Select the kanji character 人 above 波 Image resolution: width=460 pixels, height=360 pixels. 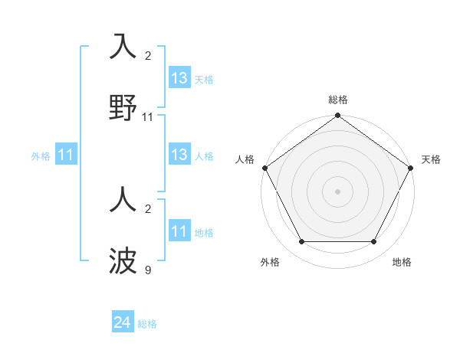tap(123, 202)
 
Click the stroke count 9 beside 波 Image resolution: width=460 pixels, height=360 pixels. tap(148, 270)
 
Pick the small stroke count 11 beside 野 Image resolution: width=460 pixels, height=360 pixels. tap(148, 117)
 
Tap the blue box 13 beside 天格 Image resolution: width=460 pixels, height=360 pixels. tap(179, 78)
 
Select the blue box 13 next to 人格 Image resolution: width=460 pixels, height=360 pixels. tap(179, 155)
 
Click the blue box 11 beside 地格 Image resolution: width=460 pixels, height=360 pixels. tap(179, 231)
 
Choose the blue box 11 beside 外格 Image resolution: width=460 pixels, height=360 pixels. tap(66, 155)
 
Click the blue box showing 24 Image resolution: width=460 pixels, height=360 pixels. tap(123, 322)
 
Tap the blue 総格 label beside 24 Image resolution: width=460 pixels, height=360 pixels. tap(147, 324)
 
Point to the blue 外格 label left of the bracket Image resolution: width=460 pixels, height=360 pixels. tap(41, 156)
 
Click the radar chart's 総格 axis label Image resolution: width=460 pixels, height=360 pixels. tap(338, 100)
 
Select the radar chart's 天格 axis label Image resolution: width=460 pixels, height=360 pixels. tap(431, 159)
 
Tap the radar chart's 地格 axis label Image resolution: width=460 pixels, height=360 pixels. tap(402, 262)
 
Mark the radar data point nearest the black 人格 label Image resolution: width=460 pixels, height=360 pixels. tap(265, 168)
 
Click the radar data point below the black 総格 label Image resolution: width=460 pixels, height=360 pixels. tap(337, 116)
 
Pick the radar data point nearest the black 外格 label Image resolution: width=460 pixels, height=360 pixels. tap(301, 242)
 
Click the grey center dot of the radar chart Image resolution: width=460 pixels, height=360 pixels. tap(337, 191)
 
